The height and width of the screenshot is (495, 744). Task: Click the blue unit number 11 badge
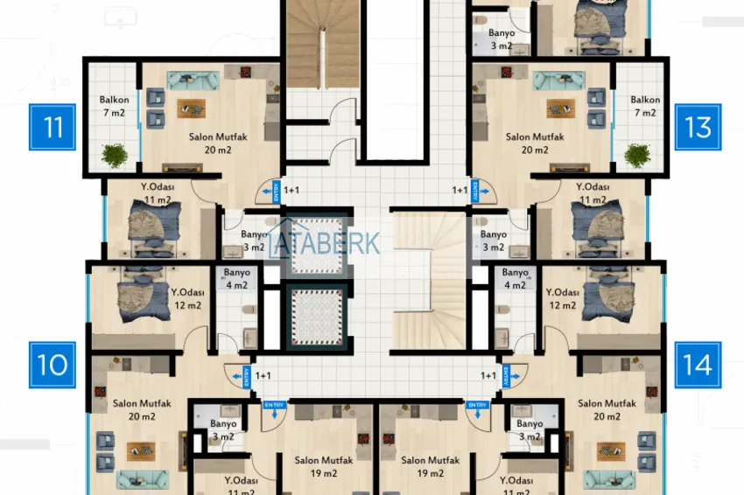53,127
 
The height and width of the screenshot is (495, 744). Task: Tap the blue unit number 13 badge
698,127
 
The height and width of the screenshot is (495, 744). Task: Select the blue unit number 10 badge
53,364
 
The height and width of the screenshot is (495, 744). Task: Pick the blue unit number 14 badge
698,364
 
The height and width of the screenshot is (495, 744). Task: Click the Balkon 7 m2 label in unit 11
113,107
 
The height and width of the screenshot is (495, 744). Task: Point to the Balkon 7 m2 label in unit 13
644,107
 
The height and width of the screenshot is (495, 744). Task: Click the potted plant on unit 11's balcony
114,155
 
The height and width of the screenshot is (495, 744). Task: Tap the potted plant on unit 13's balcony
637,155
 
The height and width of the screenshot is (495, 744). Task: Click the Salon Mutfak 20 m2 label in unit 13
535,143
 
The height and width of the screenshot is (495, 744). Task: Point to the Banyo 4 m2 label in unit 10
236,278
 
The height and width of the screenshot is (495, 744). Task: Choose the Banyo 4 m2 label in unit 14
515,278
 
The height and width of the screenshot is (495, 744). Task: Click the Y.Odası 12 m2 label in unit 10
187,298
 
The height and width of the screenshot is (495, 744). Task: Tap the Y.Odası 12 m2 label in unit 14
562,298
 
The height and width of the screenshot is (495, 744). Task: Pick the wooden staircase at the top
319,44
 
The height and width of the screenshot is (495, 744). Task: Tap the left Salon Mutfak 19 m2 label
318,466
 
